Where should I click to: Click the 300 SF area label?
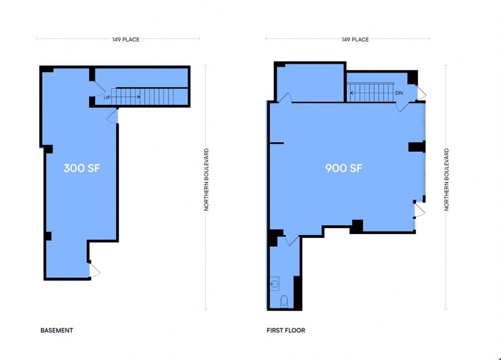click(82, 168)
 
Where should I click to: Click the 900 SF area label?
click(344, 168)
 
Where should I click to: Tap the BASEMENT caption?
click(56, 330)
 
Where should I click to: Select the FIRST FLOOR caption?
click(286, 330)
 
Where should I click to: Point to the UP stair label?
click(107, 97)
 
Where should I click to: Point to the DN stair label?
click(399, 93)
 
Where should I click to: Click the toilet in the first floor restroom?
click(284, 301)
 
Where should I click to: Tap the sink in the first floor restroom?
click(274, 284)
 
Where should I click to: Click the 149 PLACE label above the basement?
click(126, 39)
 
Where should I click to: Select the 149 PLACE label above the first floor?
click(355, 39)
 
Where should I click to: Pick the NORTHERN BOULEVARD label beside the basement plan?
click(206, 179)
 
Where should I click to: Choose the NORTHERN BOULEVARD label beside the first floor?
click(446, 179)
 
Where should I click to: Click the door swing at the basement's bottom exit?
click(94, 270)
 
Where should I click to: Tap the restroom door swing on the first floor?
click(292, 240)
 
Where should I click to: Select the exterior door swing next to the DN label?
click(422, 92)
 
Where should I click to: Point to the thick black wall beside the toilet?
click(297, 293)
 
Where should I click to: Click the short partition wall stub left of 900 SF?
click(277, 143)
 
